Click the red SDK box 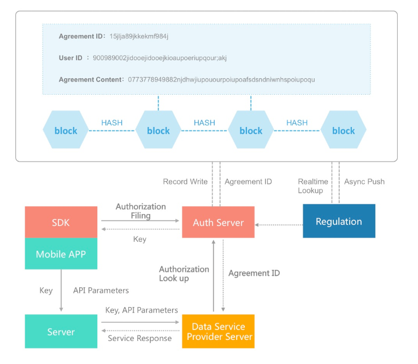tap(61, 222)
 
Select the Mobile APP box tap(61, 254)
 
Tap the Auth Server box tap(218, 222)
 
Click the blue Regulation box tap(339, 221)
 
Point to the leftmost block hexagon tap(66, 130)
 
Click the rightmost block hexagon tap(343, 130)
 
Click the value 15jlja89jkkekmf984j tap(139, 37)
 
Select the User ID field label tap(71, 58)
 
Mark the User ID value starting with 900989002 tap(168, 58)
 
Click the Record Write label tap(185, 182)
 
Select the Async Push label tap(364, 182)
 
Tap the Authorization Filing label tap(140, 211)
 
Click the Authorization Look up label tap(184, 274)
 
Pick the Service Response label tap(139, 338)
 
